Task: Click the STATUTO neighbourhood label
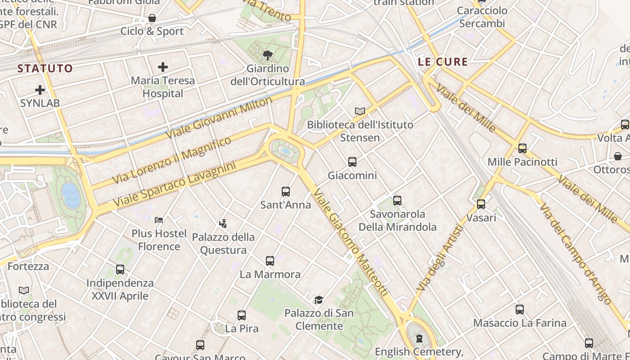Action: click(45, 68)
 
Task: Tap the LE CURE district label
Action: click(443, 62)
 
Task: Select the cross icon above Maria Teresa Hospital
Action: click(163, 67)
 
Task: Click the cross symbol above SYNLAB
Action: click(40, 90)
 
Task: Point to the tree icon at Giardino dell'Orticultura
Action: click(268, 56)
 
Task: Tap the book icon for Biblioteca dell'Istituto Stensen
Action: click(360, 111)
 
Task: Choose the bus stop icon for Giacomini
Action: click(352, 162)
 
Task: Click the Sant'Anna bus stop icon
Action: click(286, 192)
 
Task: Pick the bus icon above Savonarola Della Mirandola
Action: click(397, 201)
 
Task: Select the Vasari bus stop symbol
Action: click(481, 204)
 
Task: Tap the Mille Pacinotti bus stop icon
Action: click(522, 148)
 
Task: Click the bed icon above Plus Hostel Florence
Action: click(159, 220)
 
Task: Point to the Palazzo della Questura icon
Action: click(223, 223)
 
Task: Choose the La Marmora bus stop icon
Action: click(270, 261)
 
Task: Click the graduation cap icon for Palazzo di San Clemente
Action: click(319, 300)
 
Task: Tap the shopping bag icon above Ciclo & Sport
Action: click(152, 18)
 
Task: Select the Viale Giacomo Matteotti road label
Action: click(351, 243)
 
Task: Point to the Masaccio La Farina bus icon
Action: click(520, 310)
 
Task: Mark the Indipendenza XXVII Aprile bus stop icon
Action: click(120, 270)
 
